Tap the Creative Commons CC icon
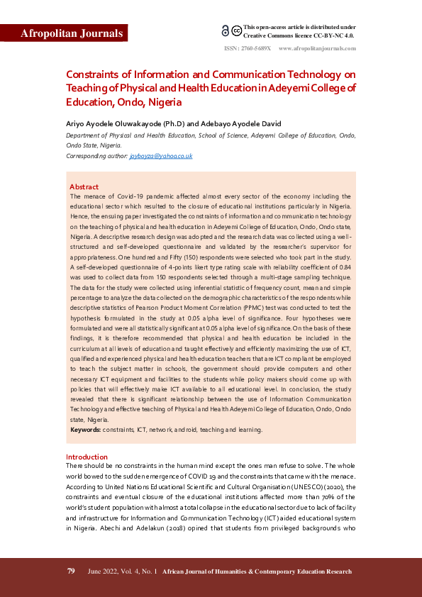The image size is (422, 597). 236,31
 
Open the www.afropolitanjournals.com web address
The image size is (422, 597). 317,48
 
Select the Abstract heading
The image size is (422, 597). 84,186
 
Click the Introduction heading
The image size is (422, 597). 87,457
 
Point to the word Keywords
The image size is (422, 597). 85,430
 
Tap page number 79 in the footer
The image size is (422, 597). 71,571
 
